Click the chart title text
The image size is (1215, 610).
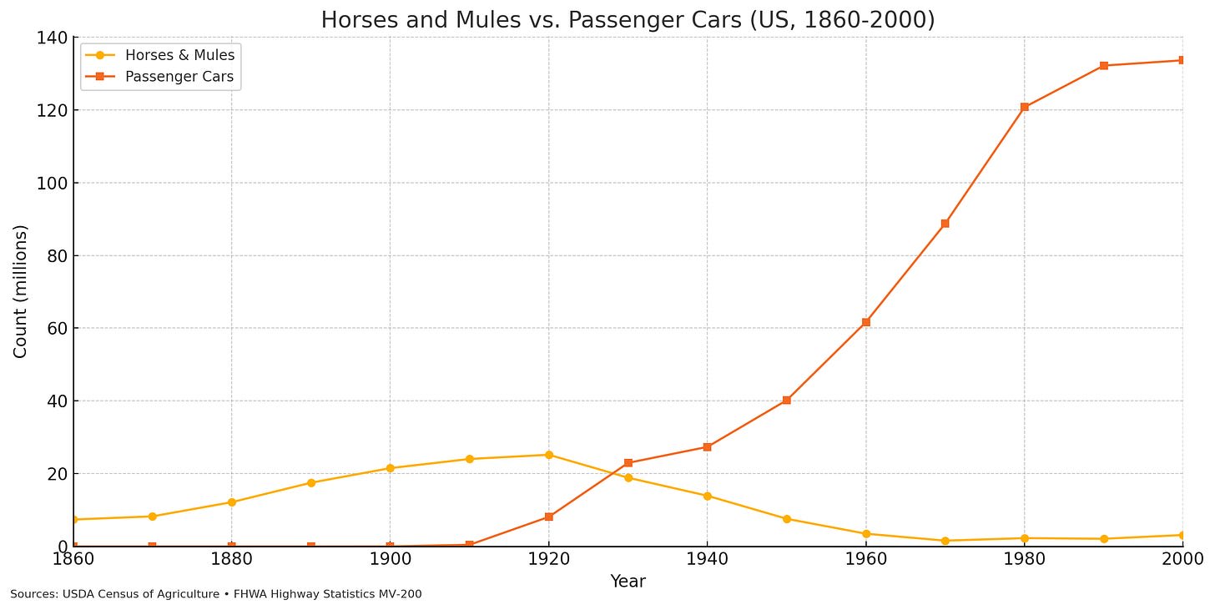coord(628,20)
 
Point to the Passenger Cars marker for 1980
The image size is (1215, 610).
coord(1024,107)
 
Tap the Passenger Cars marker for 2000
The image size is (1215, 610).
coord(1182,60)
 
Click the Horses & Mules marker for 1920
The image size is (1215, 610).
coord(548,455)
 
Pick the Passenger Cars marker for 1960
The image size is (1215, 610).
coord(865,322)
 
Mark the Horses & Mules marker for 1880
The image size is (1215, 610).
coord(231,502)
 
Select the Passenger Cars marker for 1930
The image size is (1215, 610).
coord(628,463)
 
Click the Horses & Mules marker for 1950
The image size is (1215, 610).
coord(786,519)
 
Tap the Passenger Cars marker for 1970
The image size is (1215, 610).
coord(945,224)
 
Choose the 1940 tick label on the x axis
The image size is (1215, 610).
coord(707,557)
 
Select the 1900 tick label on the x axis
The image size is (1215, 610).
coord(390,557)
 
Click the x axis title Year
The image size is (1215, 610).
coord(628,582)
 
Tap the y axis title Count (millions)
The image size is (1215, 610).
coord(21,291)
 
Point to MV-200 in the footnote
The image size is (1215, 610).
coord(400,595)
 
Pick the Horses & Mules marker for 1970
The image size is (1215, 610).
coord(945,541)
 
